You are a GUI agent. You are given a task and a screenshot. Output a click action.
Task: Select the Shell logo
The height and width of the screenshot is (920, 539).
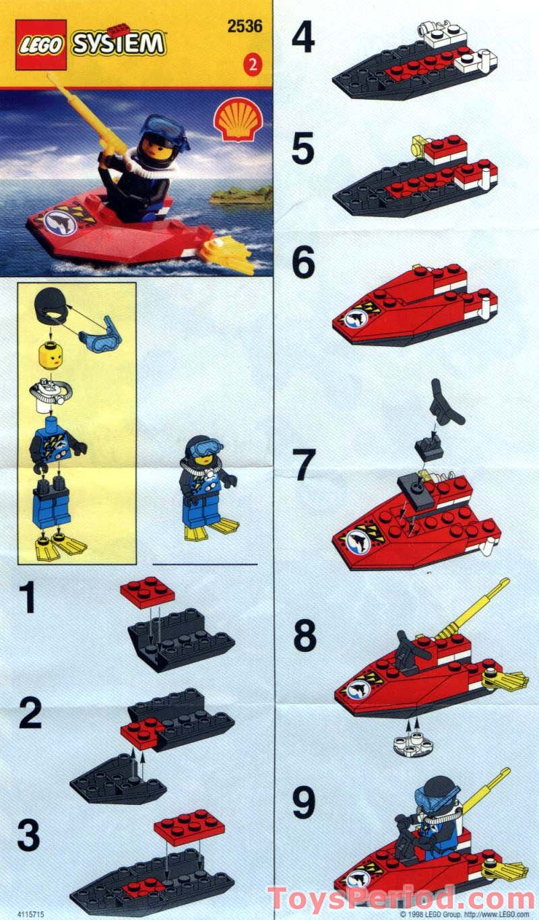(236, 120)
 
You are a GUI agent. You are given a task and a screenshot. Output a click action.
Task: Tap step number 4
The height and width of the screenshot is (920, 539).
(303, 38)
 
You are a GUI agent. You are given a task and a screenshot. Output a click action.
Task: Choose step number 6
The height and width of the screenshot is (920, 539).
(303, 264)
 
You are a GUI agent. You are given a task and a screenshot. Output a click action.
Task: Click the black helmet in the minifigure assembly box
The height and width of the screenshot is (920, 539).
(51, 308)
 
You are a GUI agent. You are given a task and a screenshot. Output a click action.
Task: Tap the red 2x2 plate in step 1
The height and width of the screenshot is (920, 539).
(147, 592)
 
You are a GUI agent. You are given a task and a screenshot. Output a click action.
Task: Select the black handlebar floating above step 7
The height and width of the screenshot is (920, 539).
(447, 401)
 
